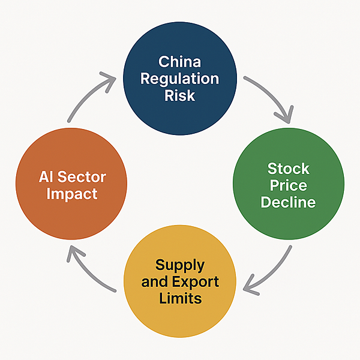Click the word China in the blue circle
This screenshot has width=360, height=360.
click(x=179, y=62)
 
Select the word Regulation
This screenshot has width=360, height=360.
click(x=179, y=79)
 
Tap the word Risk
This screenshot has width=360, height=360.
click(x=179, y=95)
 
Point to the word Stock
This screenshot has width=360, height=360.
click(x=289, y=169)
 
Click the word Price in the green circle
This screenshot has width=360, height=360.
click(x=289, y=185)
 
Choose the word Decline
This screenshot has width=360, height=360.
click(x=289, y=202)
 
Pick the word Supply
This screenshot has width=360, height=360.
click(x=180, y=266)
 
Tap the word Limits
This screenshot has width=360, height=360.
click(x=180, y=298)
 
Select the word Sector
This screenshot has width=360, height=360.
click(x=82, y=177)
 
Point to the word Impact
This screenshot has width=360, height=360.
click(x=72, y=194)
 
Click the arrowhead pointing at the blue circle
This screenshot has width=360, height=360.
click(x=109, y=81)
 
